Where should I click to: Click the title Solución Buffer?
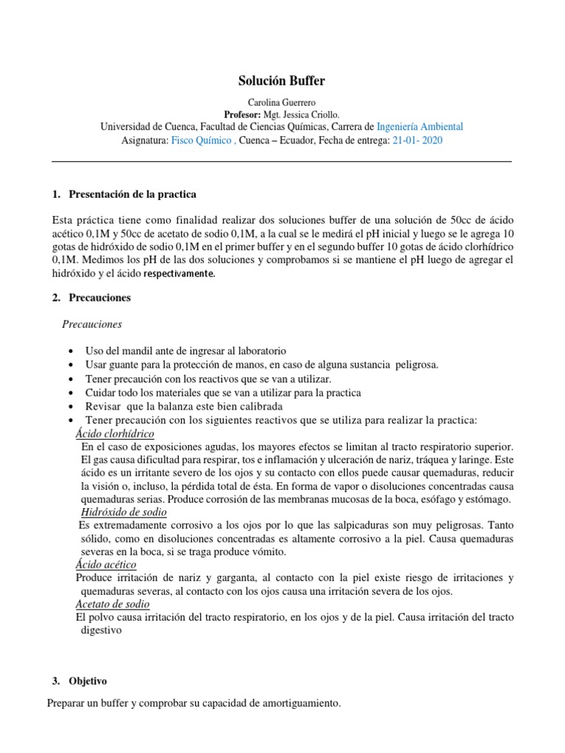pyautogui.click(x=282, y=81)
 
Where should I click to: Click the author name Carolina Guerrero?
pyautogui.click(x=282, y=102)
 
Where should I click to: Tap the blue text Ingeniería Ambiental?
pyautogui.click(x=419, y=126)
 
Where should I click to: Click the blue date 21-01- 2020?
pyautogui.click(x=417, y=140)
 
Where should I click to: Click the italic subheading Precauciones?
pyautogui.click(x=92, y=324)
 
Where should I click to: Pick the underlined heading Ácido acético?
pyautogui.click(x=106, y=565)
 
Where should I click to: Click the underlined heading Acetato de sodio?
pyautogui.click(x=113, y=604)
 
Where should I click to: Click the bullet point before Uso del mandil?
pyautogui.click(x=69, y=351)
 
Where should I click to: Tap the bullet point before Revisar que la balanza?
pyautogui.click(x=69, y=407)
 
